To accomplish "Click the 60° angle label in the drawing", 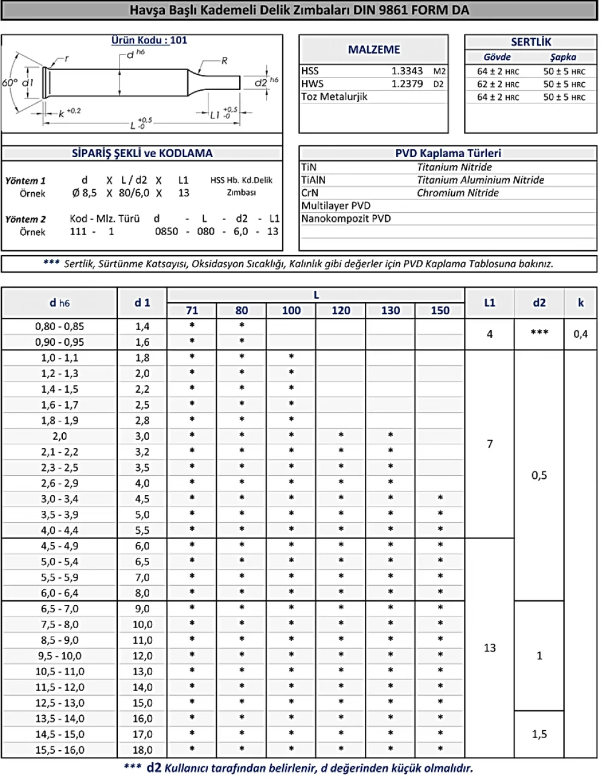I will point(10,82).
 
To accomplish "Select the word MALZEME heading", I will point(374,50).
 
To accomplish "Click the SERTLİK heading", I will point(531,42).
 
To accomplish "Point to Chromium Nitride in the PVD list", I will point(457,193).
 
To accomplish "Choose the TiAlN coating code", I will point(313,180).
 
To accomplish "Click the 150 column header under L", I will point(440,310).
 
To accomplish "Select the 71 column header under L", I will point(191,310).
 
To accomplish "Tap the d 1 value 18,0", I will point(142,750).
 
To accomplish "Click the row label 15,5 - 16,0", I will point(60,750).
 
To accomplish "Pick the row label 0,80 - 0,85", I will point(60,326).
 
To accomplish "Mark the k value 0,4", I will point(580,334).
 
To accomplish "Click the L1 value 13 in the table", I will point(489,648).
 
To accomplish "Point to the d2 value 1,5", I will point(539,734).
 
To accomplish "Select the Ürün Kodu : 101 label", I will point(149,40).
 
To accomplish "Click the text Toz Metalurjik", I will point(334,97).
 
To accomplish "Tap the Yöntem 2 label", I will point(25,219).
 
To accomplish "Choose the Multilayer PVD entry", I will point(336,206).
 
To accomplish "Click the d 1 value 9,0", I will point(142,609).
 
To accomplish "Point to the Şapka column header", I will point(563,57).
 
